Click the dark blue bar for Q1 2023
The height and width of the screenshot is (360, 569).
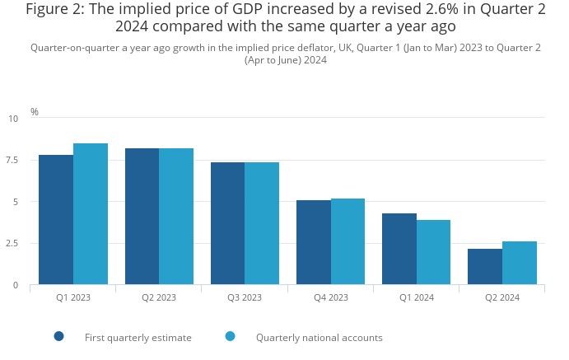(56, 220)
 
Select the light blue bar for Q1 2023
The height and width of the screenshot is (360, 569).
(91, 214)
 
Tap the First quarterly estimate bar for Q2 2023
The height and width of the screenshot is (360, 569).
(142, 217)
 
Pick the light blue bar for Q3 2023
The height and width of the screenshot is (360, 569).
(262, 223)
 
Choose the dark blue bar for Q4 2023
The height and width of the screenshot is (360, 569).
(314, 242)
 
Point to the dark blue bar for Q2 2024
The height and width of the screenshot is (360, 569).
(485, 267)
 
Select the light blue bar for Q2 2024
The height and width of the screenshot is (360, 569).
(520, 263)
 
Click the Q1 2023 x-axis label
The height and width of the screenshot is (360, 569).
(73, 297)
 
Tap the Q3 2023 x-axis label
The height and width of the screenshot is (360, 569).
(245, 297)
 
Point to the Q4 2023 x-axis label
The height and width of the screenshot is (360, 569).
(331, 297)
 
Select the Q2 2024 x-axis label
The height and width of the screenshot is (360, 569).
(502, 297)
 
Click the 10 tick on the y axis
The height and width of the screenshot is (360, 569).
(13, 119)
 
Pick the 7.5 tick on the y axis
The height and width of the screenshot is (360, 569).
(12, 160)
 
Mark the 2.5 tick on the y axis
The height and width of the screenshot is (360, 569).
(12, 244)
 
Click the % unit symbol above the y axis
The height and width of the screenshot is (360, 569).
(35, 112)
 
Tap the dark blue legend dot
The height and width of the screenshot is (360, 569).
(59, 336)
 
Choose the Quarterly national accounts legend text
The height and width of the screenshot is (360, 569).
(319, 338)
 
